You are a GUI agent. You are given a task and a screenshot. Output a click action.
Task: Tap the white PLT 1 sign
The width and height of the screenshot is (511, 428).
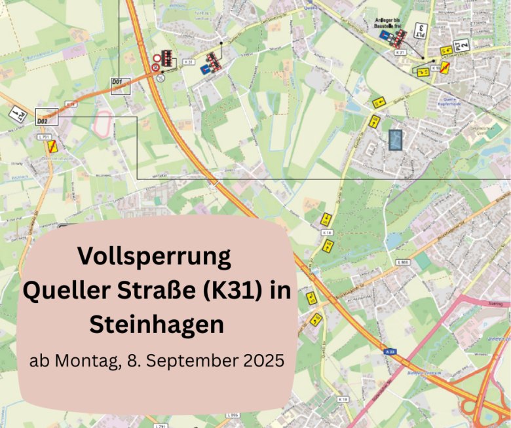click(18, 114)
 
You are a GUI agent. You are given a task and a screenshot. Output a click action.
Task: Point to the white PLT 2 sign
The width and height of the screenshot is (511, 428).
click(463, 44)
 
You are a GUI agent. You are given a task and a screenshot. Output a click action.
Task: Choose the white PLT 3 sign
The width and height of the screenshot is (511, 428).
click(423, 31)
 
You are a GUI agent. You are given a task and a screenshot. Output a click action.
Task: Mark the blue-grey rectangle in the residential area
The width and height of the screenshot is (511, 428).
click(395, 139)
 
